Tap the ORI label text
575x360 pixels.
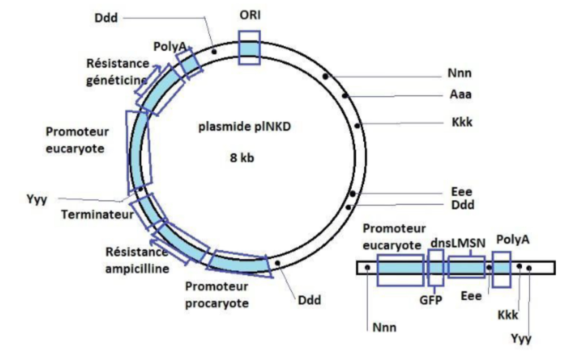[250, 15]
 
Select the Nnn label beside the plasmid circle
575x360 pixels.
[459, 73]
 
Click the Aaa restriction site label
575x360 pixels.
[461, 94]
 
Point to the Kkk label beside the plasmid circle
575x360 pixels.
[462, 122]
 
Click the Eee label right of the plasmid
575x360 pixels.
[462, 192]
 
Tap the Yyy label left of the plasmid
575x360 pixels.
[37, 200]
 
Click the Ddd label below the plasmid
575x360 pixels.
[309, 300]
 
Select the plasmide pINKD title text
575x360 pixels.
[245, 127]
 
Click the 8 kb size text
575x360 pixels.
[242, 158]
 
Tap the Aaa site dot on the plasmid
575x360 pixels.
[345, 96]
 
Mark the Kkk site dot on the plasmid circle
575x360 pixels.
[357, 126]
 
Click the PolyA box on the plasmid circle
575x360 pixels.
[189, 63]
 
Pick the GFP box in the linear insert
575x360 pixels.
[436, 268]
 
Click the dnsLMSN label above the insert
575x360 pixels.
[458, 243]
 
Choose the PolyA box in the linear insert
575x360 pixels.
[502, 269]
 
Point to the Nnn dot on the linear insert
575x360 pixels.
[367, 267]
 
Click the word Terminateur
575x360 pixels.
[97, 214]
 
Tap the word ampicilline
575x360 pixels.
[137, 269]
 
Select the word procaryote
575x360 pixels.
[217, 303]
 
